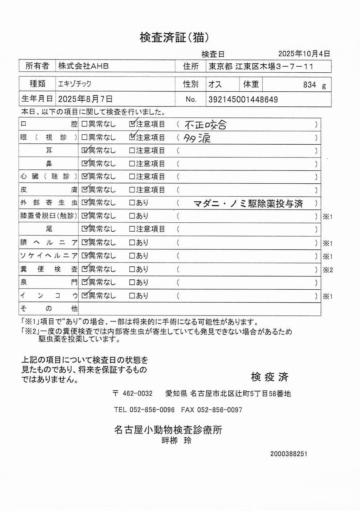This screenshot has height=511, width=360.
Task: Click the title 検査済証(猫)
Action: pyautogui.click(x=174, y=37)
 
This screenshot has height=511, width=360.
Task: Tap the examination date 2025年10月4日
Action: pyautogui.click(x=304, y=54)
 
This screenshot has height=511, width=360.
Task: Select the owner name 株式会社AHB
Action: pyautogui.click(x=83, y=66)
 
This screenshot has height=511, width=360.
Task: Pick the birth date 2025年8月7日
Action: pyautogui.click(x=85, y=99)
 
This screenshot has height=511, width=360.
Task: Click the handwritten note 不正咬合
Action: pyautogui.click(x=205, y=125)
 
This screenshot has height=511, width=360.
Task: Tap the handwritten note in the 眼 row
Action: pyautogui.click(x=197, y=138)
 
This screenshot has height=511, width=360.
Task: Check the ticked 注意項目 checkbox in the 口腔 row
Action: pyautogui.click(x=132, y=124)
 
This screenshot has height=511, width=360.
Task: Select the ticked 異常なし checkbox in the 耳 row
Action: pyautogui.click(x=84, y=150)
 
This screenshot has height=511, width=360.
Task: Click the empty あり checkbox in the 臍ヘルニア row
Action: pyautogui.click(x=132, y=242)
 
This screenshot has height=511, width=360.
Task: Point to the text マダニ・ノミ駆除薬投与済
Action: pyautogui.click(x=248, y=204)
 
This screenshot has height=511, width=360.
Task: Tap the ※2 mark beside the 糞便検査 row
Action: pyautogui.click(x=328, y=270)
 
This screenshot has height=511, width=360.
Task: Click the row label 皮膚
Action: pyautogui.click(x=48, y=189)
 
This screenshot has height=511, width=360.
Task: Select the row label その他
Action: pyautogui.click(x=48, y=308)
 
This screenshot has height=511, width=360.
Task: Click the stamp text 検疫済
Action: pyautogui.click(x=269, y=377)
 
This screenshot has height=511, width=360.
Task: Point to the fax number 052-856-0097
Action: pyautogui.click(x=220, y=410)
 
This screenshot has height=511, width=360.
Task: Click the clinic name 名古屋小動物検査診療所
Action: pyautogui.click(x=168, y=429)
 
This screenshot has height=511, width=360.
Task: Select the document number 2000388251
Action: pyautogui.click(x=288, y=454)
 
